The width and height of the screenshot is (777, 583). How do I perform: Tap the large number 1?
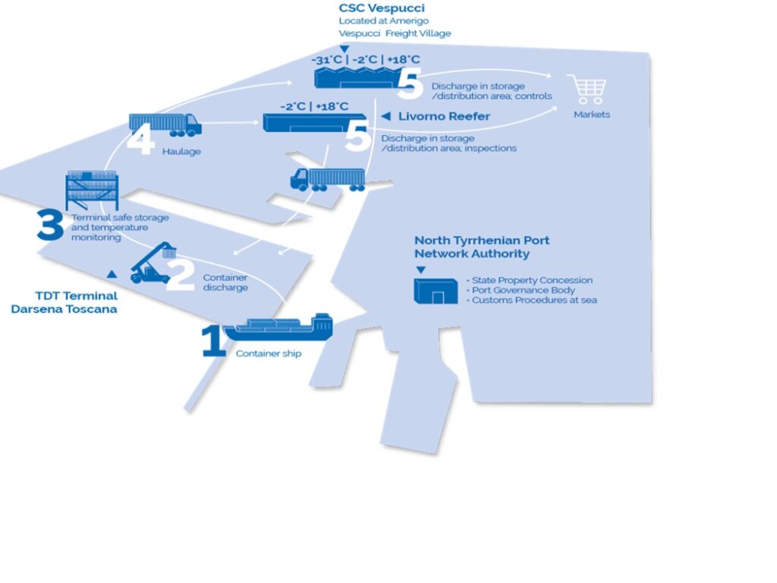pos(212,342)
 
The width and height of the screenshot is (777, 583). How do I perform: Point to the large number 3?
pos(50,225)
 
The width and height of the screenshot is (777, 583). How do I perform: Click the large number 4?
pos(140,140)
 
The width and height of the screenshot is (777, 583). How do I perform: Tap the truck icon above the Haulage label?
pos(165,124)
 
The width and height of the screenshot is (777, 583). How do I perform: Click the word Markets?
pos(591,115)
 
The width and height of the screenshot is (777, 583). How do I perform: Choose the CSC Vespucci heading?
pos(382,8)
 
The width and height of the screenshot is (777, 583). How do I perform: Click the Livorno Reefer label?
pos(444,117)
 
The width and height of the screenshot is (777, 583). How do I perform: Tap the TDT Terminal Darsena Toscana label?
pos(64,302)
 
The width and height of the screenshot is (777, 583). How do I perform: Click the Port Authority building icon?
pos(435,291)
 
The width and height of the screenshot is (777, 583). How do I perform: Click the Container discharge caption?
pos(225,282)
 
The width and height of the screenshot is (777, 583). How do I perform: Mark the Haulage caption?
pos(181,152)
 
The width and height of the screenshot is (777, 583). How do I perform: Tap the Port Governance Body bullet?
pos(524,290)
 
